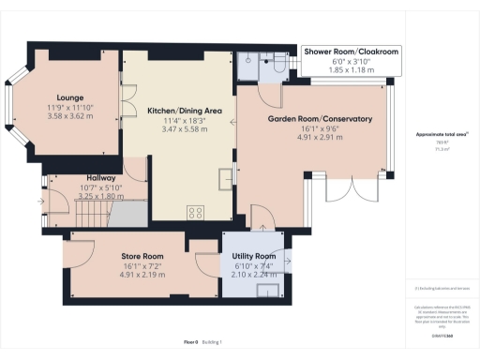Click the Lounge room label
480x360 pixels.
tap(70, 97)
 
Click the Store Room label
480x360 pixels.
tap(142, 256)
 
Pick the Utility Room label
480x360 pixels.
tap(253, 256)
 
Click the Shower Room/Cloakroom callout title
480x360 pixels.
tap(351, 51)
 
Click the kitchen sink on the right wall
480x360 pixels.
tap(227, 178)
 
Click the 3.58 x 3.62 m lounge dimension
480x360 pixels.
tap(70, 117)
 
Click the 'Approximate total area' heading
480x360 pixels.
tap(442, 135)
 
